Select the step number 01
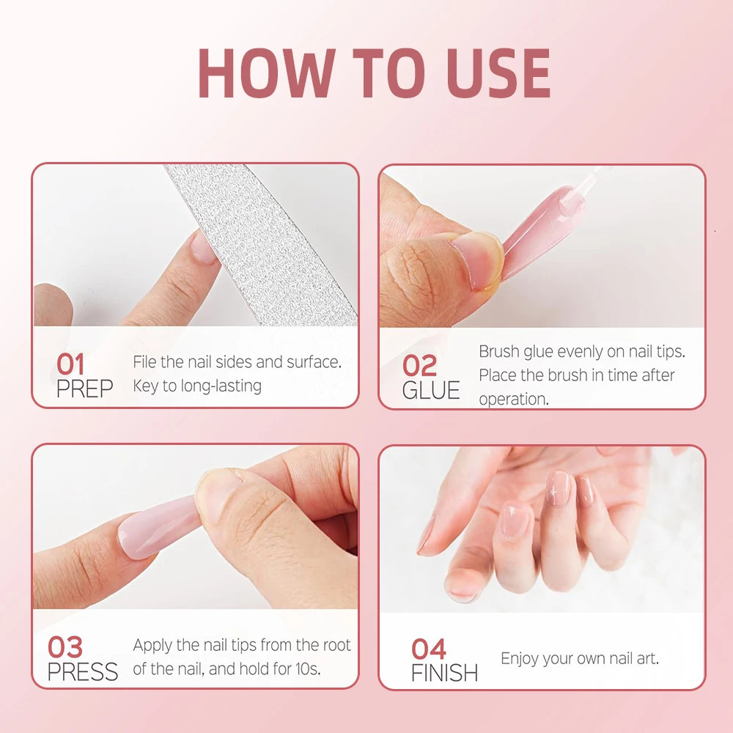pos(71,364)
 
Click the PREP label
pos(84,389)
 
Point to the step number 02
pos(419,365)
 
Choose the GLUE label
pos(431,391)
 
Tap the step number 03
pos(65,647)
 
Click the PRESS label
pos(83,672)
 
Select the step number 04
pos(429,649)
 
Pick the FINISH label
pos(444,673)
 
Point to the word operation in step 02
pos(512,399)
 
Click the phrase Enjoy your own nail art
pos(579,658)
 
